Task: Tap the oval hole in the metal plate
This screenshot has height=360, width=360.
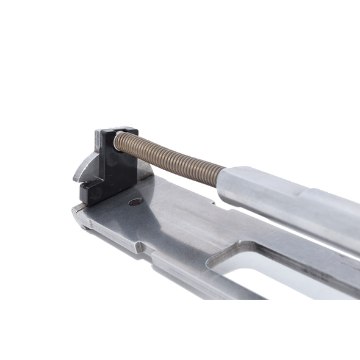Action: click(135, 201)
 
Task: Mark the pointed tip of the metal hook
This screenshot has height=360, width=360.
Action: click(75, 179)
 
